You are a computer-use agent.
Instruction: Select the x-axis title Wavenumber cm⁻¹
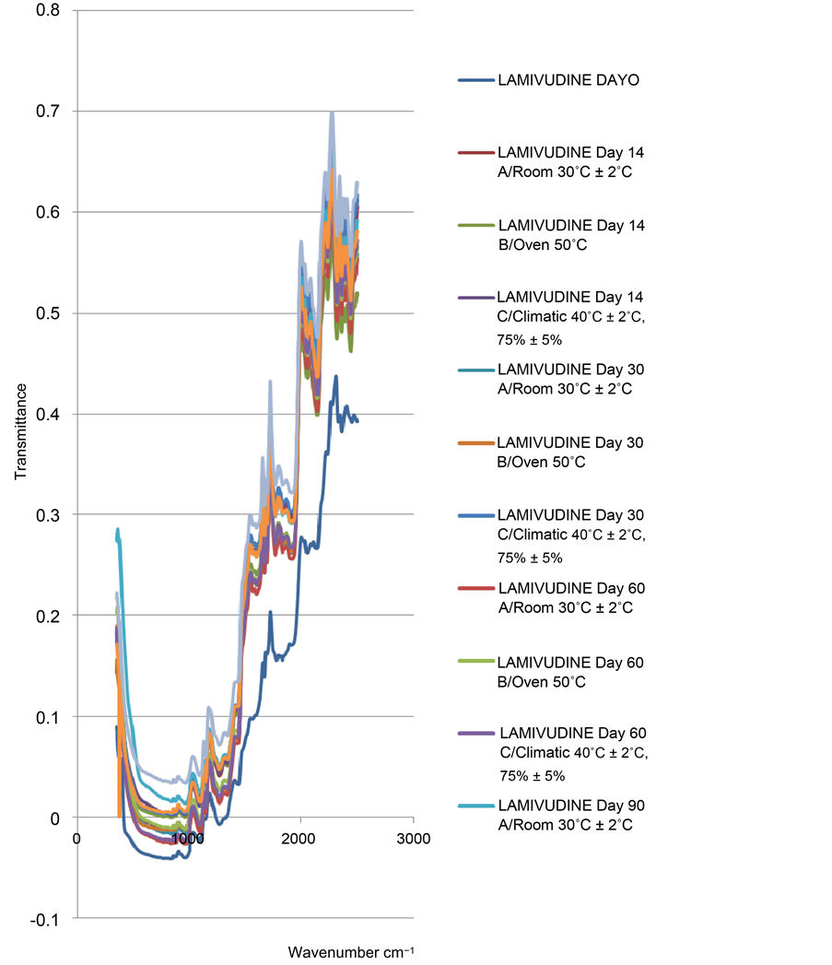(x=345, y=951)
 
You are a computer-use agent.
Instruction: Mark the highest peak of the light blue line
(x=331, y=112)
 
